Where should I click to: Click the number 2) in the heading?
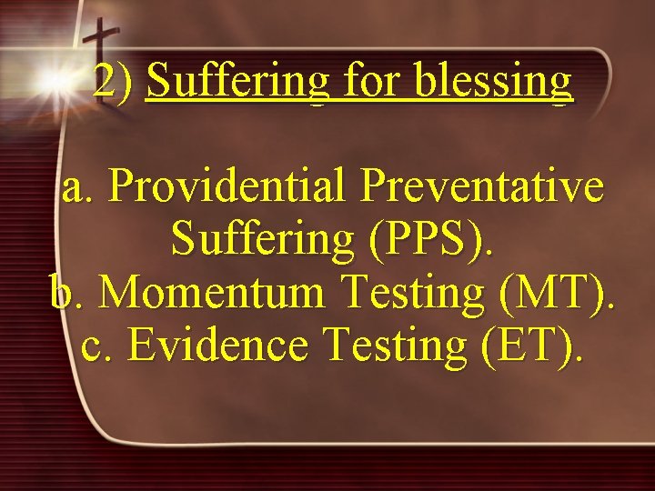pos(113,82)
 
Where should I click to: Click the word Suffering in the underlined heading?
pos(239,82)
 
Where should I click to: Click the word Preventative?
pos(481,187)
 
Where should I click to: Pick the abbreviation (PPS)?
pos(431,240)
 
